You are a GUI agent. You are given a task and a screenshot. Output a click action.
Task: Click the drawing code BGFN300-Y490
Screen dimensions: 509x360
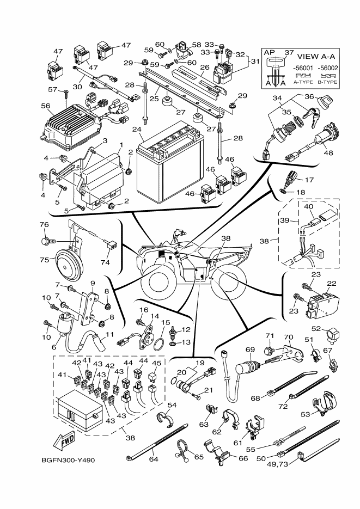(68, 459)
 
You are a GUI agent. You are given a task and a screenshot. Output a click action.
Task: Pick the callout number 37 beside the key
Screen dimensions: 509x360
(289, 53)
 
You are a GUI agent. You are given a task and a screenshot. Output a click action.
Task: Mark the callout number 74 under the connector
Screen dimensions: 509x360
(105, 262)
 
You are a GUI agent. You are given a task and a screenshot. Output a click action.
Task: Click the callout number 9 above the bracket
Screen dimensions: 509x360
(93, 283)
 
